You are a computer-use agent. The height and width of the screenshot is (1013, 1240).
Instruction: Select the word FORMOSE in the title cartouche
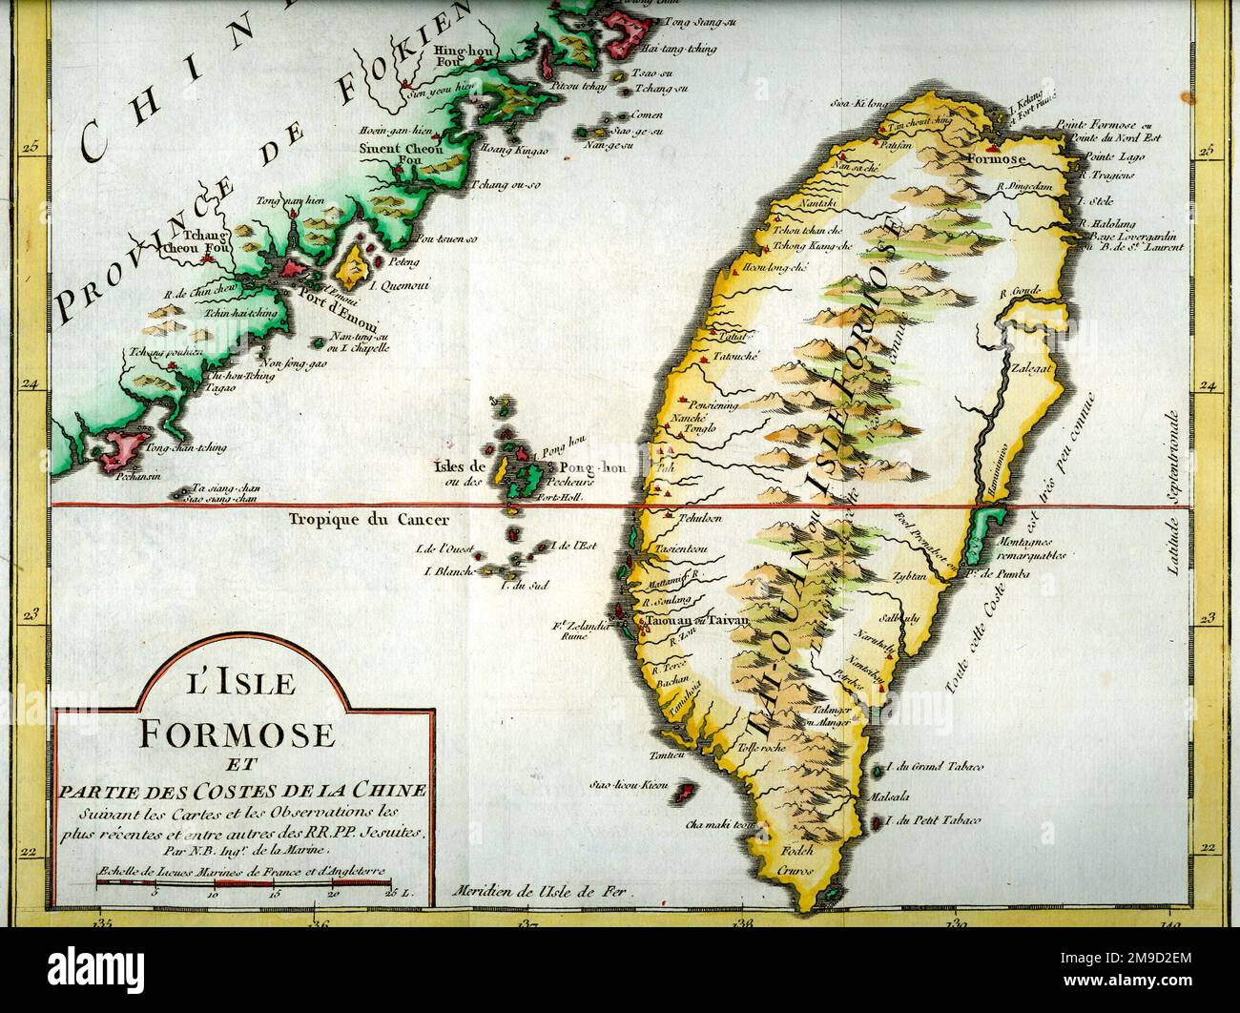[x=238, y=735]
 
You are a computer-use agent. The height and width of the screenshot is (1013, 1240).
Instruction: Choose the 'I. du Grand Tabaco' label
[x=935, y=767]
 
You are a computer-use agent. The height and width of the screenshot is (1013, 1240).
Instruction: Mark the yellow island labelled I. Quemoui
[x=357, y=266]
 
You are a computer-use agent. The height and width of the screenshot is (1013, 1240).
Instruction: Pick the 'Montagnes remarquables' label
[x=1037, y=548]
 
